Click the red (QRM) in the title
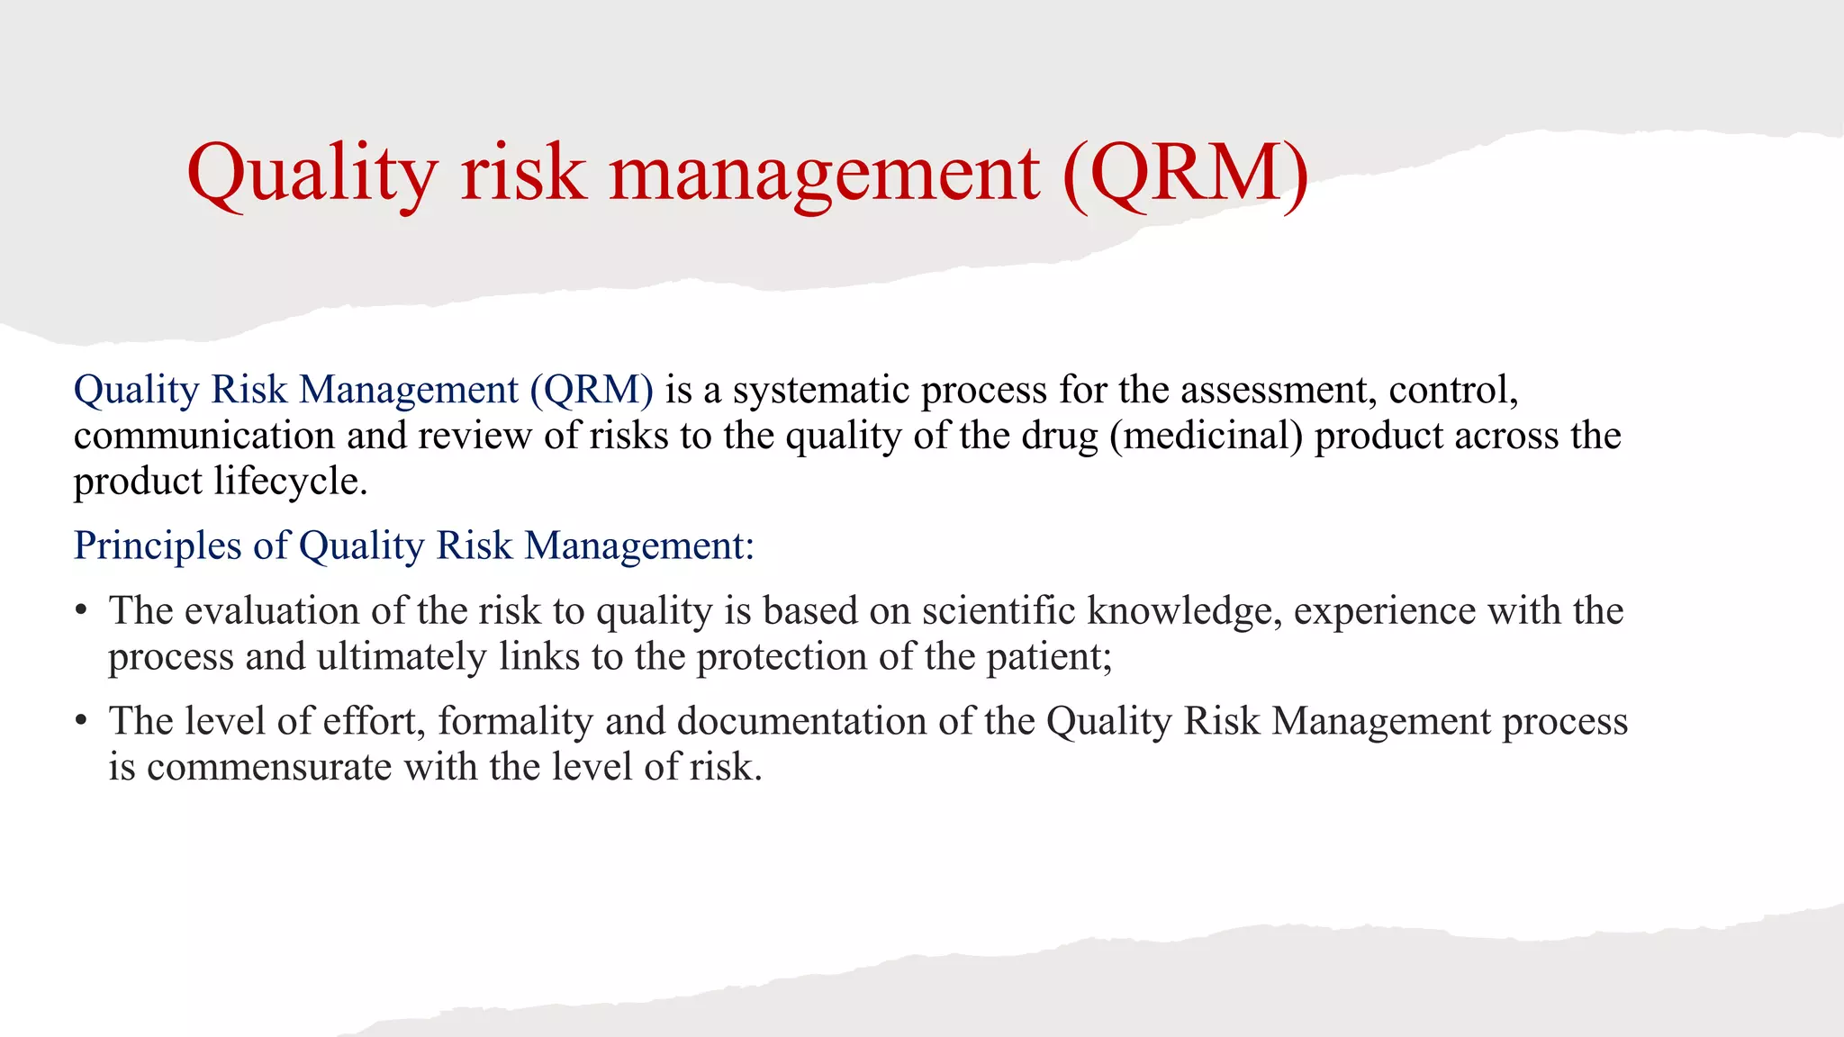click(1186, 173)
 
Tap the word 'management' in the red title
click(825, 173)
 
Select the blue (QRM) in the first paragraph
click(592, 390)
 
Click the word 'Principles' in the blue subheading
click(158, 546)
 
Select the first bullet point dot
click(81, 611)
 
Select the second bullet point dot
click(81, 721)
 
